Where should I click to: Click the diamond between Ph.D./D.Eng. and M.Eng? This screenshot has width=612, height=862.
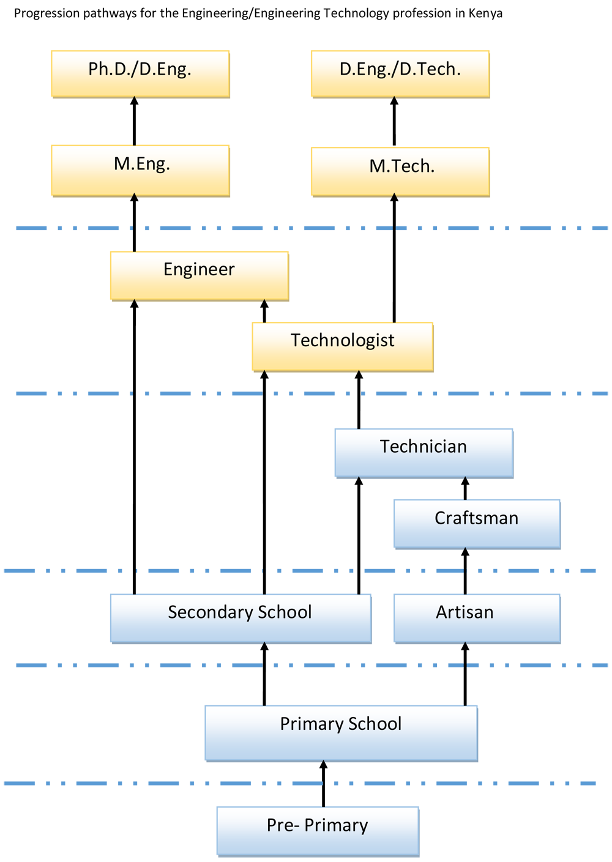tap(135, 121)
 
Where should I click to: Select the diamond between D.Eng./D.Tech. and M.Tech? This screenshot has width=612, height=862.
tap(394, 122)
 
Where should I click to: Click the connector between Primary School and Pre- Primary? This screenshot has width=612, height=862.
tap(323, 784)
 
